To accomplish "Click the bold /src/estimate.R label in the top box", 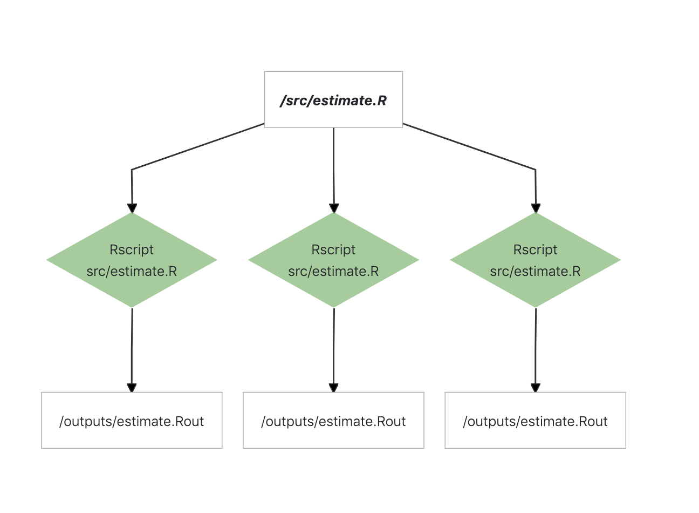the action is coord(333,100).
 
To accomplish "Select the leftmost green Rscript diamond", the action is coord(132,260).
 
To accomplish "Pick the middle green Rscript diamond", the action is coord(333,260).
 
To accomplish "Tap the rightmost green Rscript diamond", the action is coord(536,260).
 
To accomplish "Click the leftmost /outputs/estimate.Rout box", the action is coord(132,420).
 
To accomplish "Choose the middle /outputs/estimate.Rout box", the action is coord(333,420).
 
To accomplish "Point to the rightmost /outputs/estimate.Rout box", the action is coord(536,420).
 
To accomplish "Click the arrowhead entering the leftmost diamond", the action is coord(132,208).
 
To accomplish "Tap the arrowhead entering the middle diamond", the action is coord(334,208).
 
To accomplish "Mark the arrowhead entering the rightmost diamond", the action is coord(536,208).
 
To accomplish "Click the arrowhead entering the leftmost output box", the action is coord(132,388).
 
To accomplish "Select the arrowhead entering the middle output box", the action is coord(333,388).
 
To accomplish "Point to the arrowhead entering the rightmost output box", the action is coord(536,388).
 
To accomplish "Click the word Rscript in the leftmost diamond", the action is coord(132,249).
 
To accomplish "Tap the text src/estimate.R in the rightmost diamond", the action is coord(536,271).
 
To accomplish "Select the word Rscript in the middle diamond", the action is coord(333,249).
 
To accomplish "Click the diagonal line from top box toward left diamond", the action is coord(198,146).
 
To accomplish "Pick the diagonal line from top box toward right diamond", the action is coord(469,146).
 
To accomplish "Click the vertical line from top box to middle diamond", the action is coord(333,166).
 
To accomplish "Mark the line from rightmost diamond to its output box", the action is coord(536,346).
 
